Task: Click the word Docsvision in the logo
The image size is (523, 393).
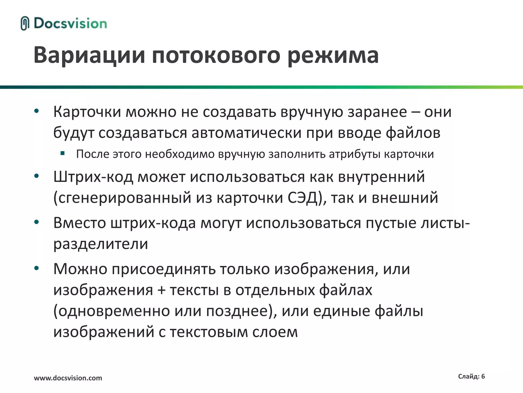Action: [x=70, y=24]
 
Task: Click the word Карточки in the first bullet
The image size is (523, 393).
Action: [x=87, y=112]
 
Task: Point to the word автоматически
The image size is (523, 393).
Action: [x=247, y=133]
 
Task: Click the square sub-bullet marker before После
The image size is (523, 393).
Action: [x=63, y=154]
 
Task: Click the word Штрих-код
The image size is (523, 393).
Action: [x=93, y=177]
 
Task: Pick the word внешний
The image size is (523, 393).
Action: [x=405, y=198]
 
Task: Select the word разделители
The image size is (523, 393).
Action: [x=101, y=244]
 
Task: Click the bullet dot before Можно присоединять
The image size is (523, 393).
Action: [x=37, y=268]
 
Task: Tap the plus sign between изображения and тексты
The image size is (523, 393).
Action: [x=161, y=290]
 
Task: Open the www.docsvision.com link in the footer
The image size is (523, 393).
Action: [x=68, y=378]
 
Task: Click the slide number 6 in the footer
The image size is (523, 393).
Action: [x=483, y=376]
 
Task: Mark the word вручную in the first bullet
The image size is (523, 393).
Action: [x=312, y=112]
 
